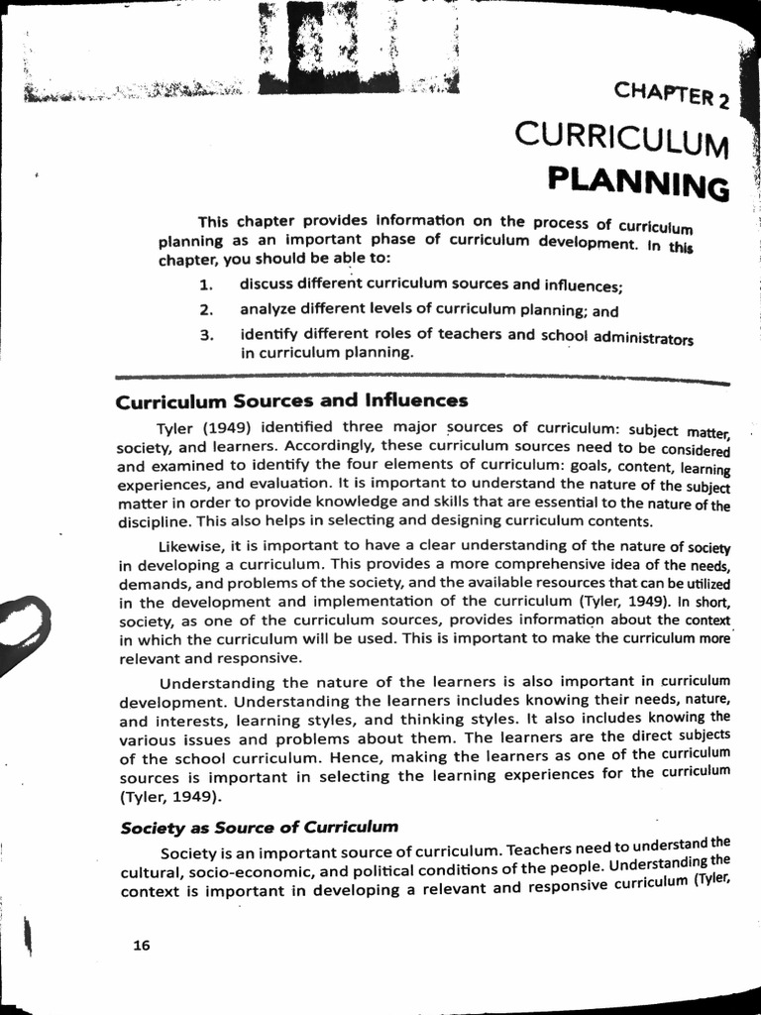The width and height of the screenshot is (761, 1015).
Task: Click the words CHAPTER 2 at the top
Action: pos(672,96)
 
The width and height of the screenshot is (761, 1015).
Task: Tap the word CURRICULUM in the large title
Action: pos(622,140)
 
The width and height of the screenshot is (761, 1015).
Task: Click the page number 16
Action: pos(142,945)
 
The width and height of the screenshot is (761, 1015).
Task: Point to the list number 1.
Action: pos(207,286)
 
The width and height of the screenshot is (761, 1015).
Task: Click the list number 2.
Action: pos(207,310)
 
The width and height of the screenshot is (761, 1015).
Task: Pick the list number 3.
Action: pos(207,334)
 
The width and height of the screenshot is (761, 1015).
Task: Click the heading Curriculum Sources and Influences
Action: pos(291,401)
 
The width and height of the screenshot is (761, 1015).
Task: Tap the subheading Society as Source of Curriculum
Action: pos(259,826)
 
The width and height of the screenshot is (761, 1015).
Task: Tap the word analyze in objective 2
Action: pos(270,309)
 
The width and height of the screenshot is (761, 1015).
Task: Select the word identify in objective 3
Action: pos(269,333)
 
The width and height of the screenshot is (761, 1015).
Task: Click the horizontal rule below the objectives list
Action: pos(422,378)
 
